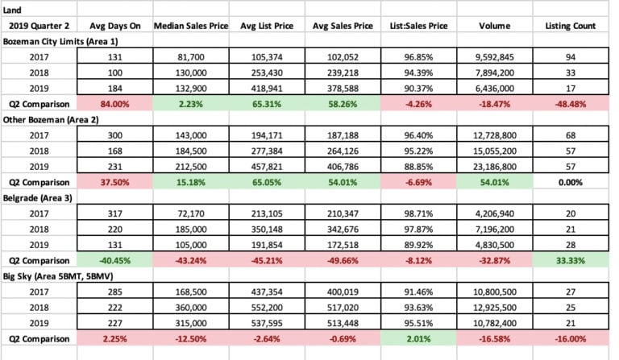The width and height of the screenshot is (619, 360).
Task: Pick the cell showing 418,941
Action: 268,89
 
